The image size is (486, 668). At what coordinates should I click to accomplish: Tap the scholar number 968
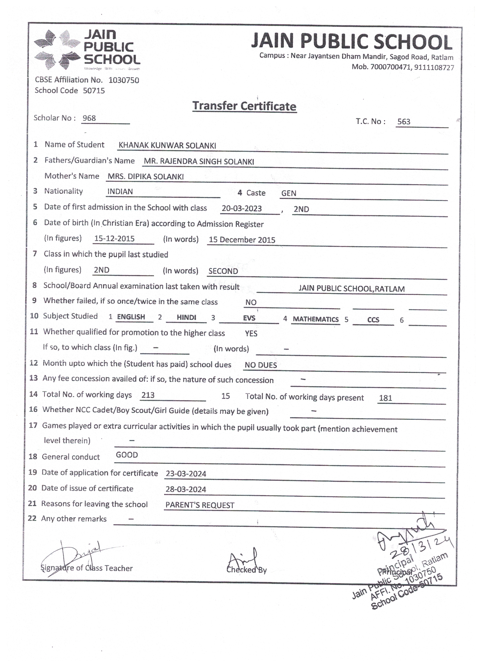(x=89, y=118)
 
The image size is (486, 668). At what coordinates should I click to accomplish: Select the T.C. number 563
(x=403, y=121)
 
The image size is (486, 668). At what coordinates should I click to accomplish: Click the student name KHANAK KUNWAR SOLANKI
(x=167, y=145)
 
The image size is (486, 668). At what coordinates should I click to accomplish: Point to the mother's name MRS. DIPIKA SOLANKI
(x=145, y=177)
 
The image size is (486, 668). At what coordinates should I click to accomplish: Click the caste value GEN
(x=288, y=193)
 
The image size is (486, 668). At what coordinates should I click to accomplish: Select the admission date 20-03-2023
(x=241, y=209)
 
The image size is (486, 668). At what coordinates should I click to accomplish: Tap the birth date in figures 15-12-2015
(x=114, y=239)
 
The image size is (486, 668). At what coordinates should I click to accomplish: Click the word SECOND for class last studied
(x=223, y=271)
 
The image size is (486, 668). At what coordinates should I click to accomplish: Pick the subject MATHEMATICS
(x=315, y=319)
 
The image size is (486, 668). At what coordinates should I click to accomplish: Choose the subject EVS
(x=249, y=318)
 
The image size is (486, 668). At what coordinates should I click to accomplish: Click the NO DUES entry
(x=261, y=365)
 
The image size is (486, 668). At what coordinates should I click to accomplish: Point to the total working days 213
(x=148, y=395)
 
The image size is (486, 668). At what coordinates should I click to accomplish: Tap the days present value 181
(x=385, y=398)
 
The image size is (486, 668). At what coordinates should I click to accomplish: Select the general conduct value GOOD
(x=127, y=455)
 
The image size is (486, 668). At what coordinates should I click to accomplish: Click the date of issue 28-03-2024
(x=186, y=489)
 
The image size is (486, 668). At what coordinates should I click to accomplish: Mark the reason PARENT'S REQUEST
(x=200, y=505)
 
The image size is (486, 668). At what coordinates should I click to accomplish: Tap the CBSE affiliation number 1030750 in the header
(x=124, y=80)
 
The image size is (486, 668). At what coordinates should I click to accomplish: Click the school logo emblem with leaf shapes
(x=57, y=49)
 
